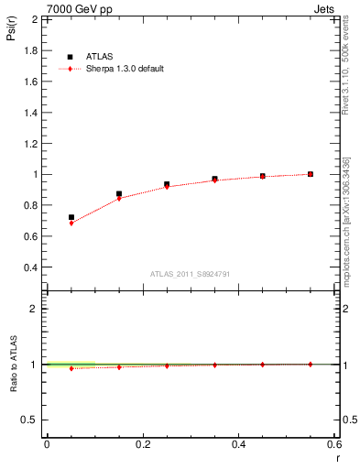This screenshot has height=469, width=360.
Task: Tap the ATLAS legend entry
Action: [94, 56]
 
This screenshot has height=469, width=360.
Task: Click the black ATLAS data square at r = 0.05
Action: [71, 218]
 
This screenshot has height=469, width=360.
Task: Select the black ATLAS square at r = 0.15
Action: [119, 194]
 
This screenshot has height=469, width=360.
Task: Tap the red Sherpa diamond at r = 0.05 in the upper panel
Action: [71, 224]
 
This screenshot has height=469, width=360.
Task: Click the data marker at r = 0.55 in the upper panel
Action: [311, 174]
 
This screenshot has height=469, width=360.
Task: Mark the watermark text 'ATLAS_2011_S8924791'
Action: [189, 273]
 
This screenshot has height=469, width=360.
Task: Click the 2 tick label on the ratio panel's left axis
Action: [34, 309]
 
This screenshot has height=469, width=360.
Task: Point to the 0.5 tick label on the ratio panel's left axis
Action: [29, 420]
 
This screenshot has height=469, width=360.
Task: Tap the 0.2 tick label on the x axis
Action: [142, 444]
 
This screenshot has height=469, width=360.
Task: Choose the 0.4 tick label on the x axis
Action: [238, 444]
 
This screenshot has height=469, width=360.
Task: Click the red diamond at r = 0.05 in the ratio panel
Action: [71, 369]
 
